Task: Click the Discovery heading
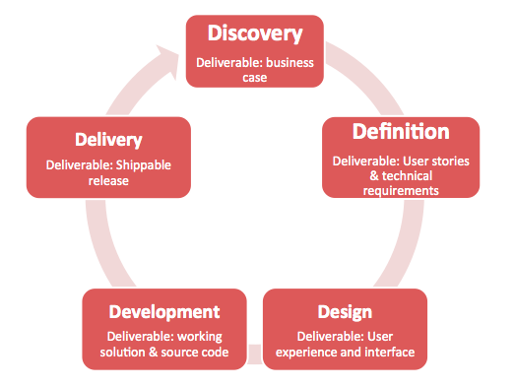[254, 33]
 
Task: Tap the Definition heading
[401, 131]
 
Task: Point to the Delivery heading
[107, 141]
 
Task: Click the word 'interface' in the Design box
[386, 352]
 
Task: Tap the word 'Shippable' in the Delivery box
[144, 164]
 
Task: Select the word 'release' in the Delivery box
[108, 180]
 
